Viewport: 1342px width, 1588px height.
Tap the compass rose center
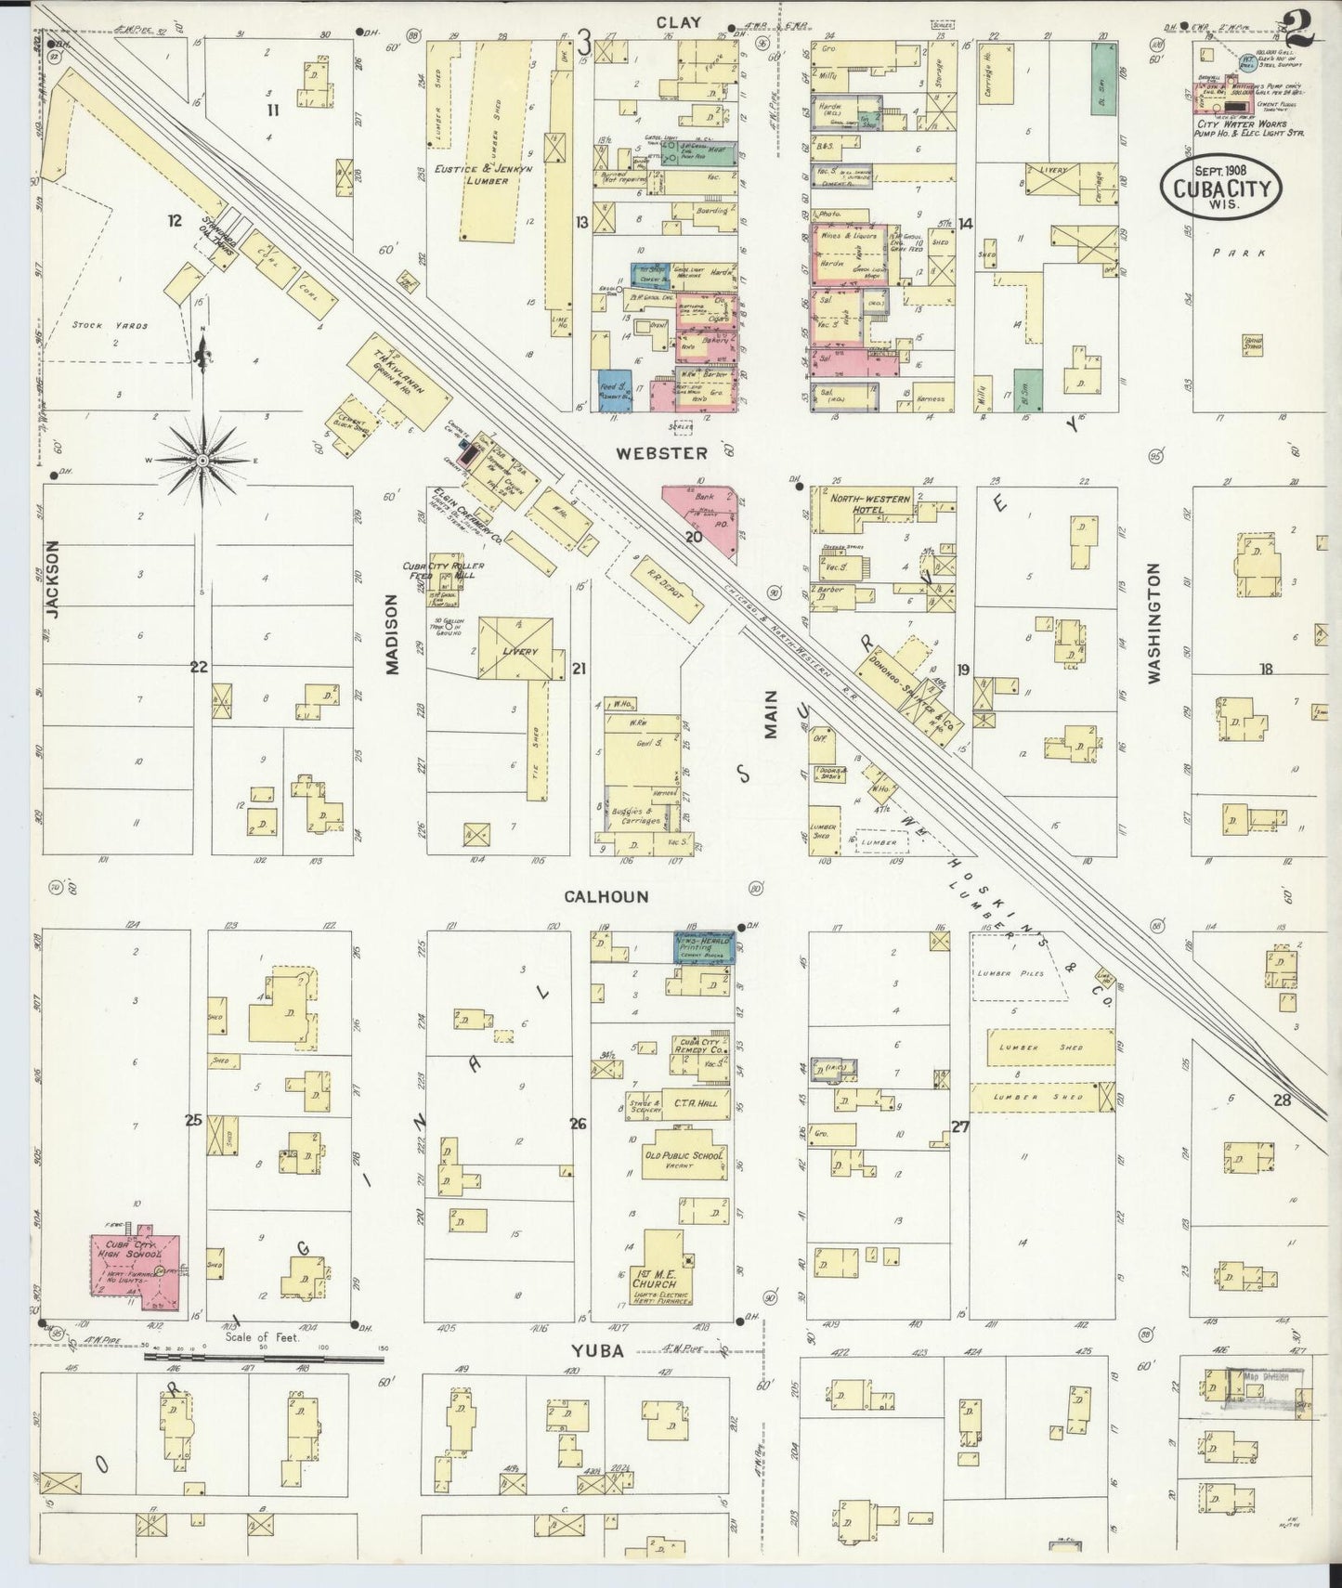pos(202,461)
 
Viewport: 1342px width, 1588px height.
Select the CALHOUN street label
pos(605,897)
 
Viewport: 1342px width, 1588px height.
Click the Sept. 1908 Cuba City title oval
pos(1220,188)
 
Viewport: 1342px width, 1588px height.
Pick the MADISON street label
pos(391,634)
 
